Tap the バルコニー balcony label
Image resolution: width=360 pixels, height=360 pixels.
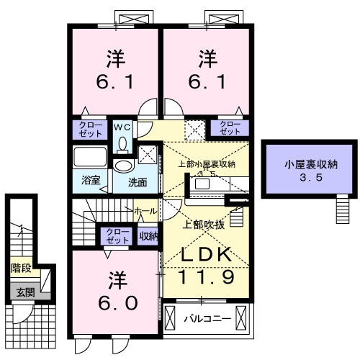(206, 318)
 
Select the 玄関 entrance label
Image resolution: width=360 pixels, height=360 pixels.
(21, 292)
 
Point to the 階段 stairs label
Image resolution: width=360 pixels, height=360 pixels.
(21, 269)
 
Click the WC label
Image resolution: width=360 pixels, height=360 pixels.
(122, 126)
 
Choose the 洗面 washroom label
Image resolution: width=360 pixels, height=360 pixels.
(138, 182)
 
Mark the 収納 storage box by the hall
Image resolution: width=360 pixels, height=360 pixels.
(148, 235)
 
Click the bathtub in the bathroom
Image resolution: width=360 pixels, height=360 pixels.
(90, 158)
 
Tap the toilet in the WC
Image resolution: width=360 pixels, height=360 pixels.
(122, 142)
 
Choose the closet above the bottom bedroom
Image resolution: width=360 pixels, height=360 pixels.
(117, 236)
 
